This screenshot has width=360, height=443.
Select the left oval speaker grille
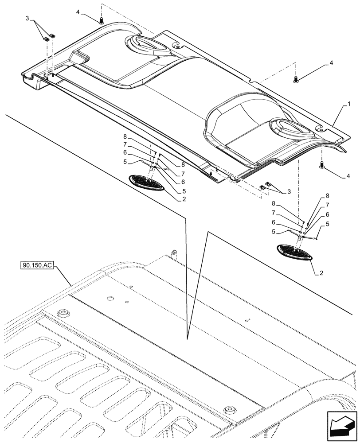pyautogui.click(x=147, y=182)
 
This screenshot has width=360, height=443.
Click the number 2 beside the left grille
pyautogui.click(x=183, y=199)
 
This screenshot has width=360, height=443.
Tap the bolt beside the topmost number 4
pyautogui.click(x=102, y=20)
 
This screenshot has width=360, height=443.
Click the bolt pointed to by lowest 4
pyautogui.click(x=321, y=165)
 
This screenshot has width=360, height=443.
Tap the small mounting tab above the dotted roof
pyautogui.click(x=174, y=252)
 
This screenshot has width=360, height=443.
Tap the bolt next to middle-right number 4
pyautogui.click(x=296, y=79)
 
